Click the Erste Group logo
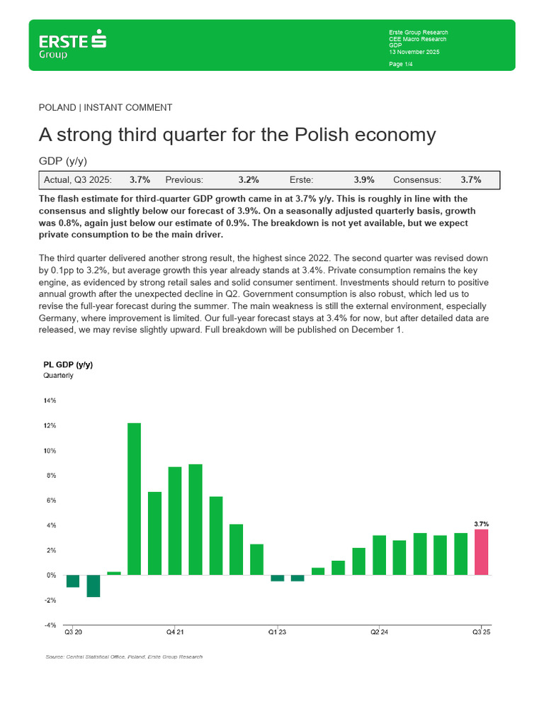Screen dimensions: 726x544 73,45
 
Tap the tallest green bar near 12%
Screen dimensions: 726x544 134,498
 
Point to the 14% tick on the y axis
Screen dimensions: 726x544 50,401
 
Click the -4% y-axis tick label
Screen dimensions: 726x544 50,625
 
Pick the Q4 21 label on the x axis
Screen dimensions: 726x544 175,632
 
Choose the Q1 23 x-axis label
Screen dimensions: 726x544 277,632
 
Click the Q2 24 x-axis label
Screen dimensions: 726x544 379,632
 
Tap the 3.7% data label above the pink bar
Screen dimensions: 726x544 481,524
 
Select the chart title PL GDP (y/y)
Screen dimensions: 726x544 68,364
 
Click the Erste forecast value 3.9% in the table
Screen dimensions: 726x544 364,180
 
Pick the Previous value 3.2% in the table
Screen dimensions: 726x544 248,180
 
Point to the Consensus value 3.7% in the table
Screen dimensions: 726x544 472,180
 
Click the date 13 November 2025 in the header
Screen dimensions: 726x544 414,52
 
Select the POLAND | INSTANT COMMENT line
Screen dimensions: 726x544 106,108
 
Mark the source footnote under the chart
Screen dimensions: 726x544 123,657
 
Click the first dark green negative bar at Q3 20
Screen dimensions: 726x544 73,581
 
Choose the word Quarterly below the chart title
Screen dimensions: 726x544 59,376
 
